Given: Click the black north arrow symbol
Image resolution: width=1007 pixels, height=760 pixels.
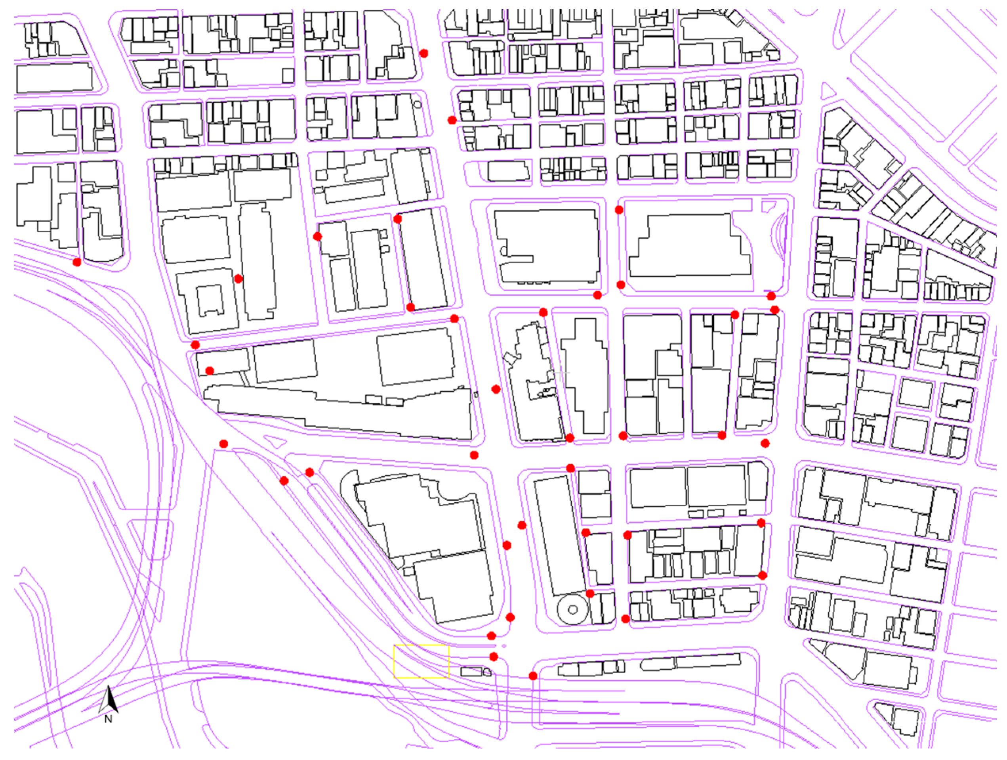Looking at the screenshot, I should point(109,700).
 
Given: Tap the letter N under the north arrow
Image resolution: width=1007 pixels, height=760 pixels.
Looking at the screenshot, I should point(108,719).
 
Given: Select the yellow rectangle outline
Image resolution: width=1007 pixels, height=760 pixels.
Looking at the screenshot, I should point(421,661).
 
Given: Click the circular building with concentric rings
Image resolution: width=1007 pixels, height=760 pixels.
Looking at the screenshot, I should point(573,609).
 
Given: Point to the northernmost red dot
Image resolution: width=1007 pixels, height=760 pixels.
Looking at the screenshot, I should point(424,53).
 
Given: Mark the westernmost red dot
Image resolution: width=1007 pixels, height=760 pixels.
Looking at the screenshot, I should point(77,262).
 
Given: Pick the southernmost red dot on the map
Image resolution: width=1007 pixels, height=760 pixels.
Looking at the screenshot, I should point(533,676).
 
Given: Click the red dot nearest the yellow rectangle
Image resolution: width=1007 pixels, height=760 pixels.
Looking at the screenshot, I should point(494,657).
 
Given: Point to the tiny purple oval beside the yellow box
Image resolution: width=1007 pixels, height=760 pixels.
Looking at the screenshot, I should point(504,646).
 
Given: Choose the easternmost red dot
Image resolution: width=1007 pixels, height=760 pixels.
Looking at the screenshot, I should point(774,310).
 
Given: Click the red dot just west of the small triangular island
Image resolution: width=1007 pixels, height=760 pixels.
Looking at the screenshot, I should point(223,444).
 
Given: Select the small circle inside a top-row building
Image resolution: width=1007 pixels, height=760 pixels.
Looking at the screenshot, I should point(418,104).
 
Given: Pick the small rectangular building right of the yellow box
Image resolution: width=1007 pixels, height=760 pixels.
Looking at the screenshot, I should point(471,672).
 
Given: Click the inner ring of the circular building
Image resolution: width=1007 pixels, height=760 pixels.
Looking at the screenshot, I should point(573,610).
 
